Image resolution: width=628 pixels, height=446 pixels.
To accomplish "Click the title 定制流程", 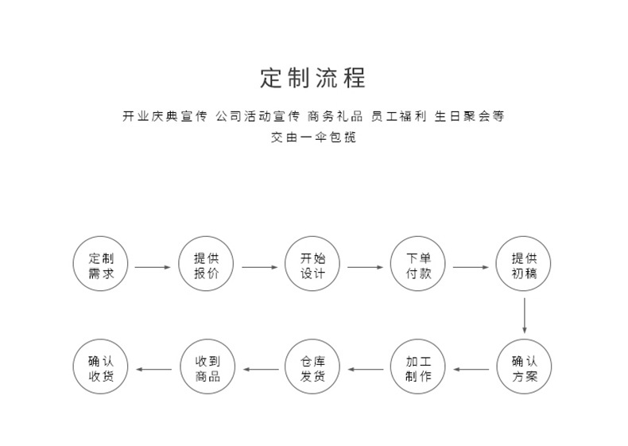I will pyautogui.click(x=313, y=79).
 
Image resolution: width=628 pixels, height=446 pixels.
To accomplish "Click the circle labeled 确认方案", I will pyautogui.click(x=524, y=369).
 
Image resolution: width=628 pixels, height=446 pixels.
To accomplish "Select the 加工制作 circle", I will pyautogui.click(x=418, y=369).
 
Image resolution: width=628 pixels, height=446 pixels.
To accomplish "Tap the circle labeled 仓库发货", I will pyautogui.click(x=312, y=369).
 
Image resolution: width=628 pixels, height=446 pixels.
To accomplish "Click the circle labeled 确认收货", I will pyautogui.click(x=101, y=369).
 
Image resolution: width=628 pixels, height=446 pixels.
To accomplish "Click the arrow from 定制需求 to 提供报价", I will pyautogui.click(x=153, y=267).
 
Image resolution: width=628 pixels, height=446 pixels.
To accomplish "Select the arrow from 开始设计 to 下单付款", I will pyautogui.click(x=365, y=267).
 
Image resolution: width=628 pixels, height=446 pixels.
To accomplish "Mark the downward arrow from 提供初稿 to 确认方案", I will pyautogui.click(x=525, y=316).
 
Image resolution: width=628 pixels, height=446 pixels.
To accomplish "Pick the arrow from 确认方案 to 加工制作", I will pyautogui.click(x=471, y=369).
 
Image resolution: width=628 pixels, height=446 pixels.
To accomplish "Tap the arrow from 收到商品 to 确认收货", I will pyautogui.click(x=154, y=369).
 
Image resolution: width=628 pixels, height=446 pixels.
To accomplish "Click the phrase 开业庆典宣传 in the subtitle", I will pyautogui.click(x=165, y=116).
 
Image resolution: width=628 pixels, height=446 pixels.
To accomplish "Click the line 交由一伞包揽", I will pyautogui.click(x=313, y=138).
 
